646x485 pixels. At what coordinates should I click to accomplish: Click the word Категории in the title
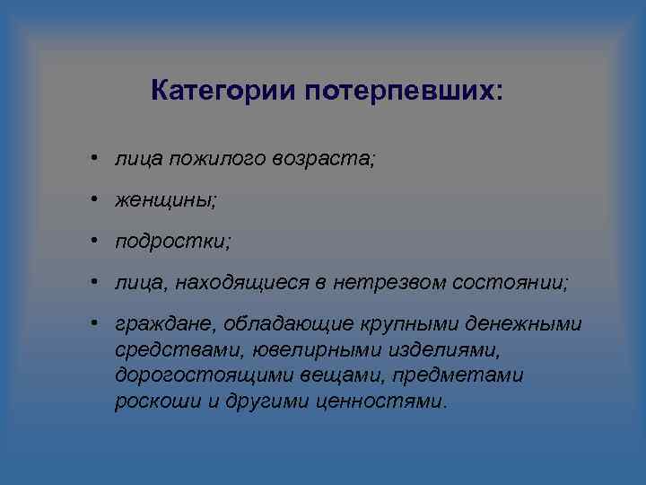tap(223, 92)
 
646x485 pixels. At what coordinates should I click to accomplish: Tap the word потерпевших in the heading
tap(405, 92)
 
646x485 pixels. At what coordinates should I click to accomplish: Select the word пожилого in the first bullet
tap(210, 159)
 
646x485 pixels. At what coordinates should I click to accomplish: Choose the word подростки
tap(172, 242)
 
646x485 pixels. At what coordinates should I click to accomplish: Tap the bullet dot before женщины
tap(94, 200)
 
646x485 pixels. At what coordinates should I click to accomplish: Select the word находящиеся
tap(240, 283)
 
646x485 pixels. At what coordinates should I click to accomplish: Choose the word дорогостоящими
tap(188, 375)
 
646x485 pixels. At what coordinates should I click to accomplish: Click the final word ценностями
tap(380, 401)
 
